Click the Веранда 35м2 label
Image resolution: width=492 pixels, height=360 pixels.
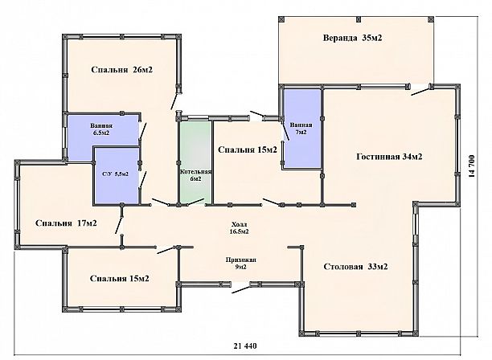pyautogui.click(x=352, y=38)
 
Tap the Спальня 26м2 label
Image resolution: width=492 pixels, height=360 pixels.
pyautogui.click(x=121, y=70)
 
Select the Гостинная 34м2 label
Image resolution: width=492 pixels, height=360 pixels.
pyautogui.click(x=389, y=157)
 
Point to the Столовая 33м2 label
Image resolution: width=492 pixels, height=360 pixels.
pyautogui.click(x=355, y=267)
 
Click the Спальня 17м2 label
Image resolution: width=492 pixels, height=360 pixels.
pyautogui.click(x=66, y=223)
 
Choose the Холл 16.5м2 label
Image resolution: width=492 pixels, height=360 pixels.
pyautogui.click(x=239, y=228)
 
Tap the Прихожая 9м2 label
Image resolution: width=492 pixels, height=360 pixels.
pyautogui.click(x=241, y=264)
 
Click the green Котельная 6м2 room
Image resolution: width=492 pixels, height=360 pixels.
pyautogui.click(x=196, y=162)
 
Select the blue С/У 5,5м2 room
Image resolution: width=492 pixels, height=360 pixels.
pyautogui.click(x=117, y=175)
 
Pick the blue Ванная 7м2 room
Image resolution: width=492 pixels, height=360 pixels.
pyautogui.click(x=301, y=129)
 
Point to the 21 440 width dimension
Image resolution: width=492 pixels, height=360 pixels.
pyautogui.click(x=245, y=346)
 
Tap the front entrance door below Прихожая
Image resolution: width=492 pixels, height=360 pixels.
pyautogui.click(x=241, y=288)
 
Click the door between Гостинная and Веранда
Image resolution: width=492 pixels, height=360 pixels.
pyautogui.click(x=420, y=91)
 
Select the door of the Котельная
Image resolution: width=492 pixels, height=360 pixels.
pyautogui.click(x=196, y=202)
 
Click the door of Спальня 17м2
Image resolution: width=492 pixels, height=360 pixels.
pyautogui.click(x=119, y=225)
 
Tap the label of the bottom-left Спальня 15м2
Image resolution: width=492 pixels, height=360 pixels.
pyautogui.click(x=120, y=279)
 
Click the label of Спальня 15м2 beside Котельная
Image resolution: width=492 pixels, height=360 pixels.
pyautogui.click(x=248, y=149)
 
